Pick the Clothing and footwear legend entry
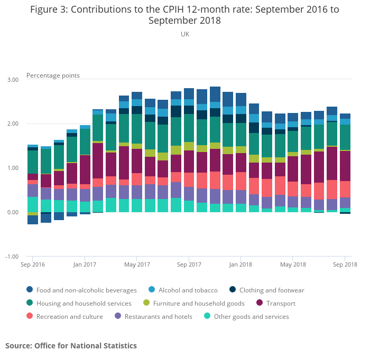coord(272,290)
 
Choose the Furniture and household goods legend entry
coord(199,304)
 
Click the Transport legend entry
coord(281,304)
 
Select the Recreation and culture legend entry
coord(70,317)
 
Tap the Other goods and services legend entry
coord(251,317)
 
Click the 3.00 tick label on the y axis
coord(13,80)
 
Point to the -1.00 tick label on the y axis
coord(12,257)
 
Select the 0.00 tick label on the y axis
coord(13,213)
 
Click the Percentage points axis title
coord(53,75)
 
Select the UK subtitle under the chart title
coord(184,34)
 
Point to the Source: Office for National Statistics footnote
coord(71,346)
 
